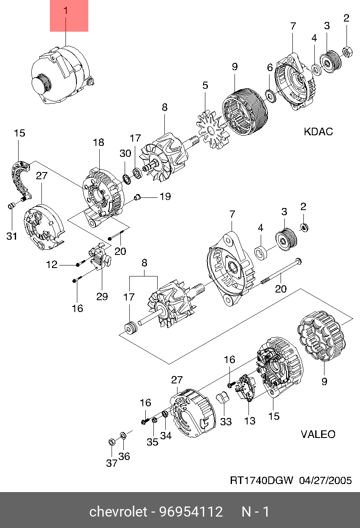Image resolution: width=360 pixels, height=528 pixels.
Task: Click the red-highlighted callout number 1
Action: point(66,11)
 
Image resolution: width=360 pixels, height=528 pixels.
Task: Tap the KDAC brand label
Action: point(318,131)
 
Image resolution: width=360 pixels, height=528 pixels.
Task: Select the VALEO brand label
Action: point(318,434)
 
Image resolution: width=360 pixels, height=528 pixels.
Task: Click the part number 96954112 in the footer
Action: point(191,512)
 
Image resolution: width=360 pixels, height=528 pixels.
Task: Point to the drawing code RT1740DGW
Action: point(262,480)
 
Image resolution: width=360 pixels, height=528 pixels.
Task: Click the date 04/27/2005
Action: point(325,480)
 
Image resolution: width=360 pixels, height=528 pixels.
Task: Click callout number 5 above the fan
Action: point(205,85)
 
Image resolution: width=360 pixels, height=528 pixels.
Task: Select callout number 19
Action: point(165,196)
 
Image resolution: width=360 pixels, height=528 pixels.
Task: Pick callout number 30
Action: point(125,153)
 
